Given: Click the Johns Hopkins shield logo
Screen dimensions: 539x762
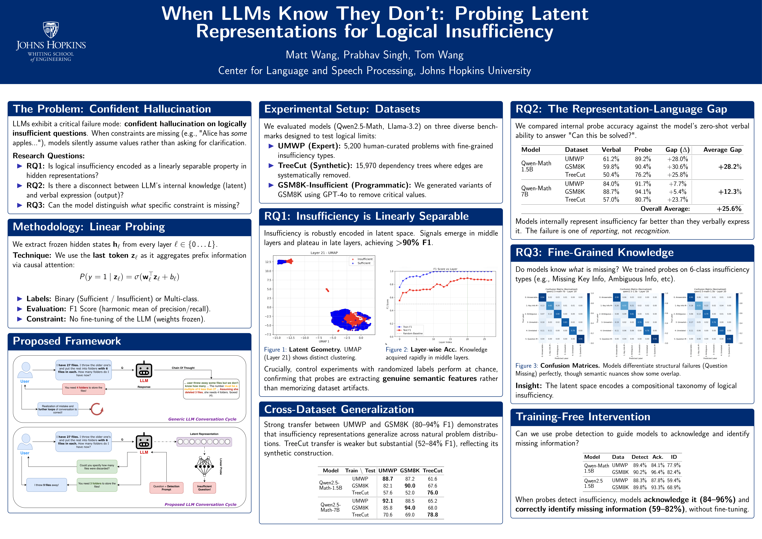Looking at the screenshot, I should tap(51, 30).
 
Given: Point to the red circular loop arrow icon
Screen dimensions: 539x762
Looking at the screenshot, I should tap(97, 409).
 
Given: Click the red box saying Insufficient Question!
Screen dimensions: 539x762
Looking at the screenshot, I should tap(204, 488).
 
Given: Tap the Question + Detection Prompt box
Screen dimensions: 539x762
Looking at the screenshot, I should tap(166, 488).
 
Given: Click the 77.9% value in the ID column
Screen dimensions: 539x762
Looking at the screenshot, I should tap(674, 465).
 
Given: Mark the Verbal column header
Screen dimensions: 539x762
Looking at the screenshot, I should tap(611, 150).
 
